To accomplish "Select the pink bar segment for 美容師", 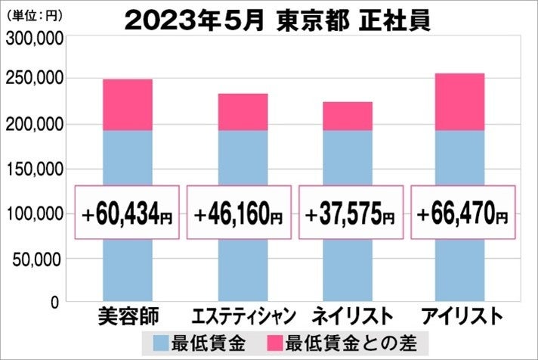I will coord(127,104).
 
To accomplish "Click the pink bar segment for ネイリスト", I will coord(348,116).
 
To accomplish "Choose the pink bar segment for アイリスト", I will coord(459,101).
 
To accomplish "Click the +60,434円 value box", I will coord(127,213).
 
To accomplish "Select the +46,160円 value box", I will coord(238,213).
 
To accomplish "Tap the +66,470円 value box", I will coord(462,213).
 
